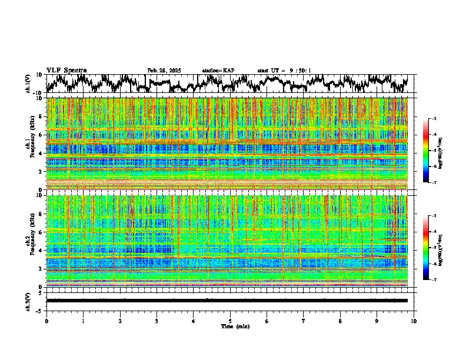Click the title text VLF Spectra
[x=66, y=70]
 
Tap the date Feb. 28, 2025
[x=164, y=71]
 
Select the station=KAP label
[x=218, y=71]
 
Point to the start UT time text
[x=284, y=71]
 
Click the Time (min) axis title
[x=230, y=326]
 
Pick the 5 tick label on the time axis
[x=230, y=321]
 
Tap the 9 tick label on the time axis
[x=377, y=321]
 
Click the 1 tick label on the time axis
[x=83, y=321]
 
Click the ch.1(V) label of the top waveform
[x=29, y=84]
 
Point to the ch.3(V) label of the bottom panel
[x=29, y=301]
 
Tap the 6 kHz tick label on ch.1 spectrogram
[x=41, y=135]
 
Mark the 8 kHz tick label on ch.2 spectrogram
[x=41, y=214]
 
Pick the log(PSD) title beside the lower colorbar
[x=440, y=247]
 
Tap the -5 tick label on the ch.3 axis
[x=40, y=309]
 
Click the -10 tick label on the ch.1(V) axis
[x=38, y=92]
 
